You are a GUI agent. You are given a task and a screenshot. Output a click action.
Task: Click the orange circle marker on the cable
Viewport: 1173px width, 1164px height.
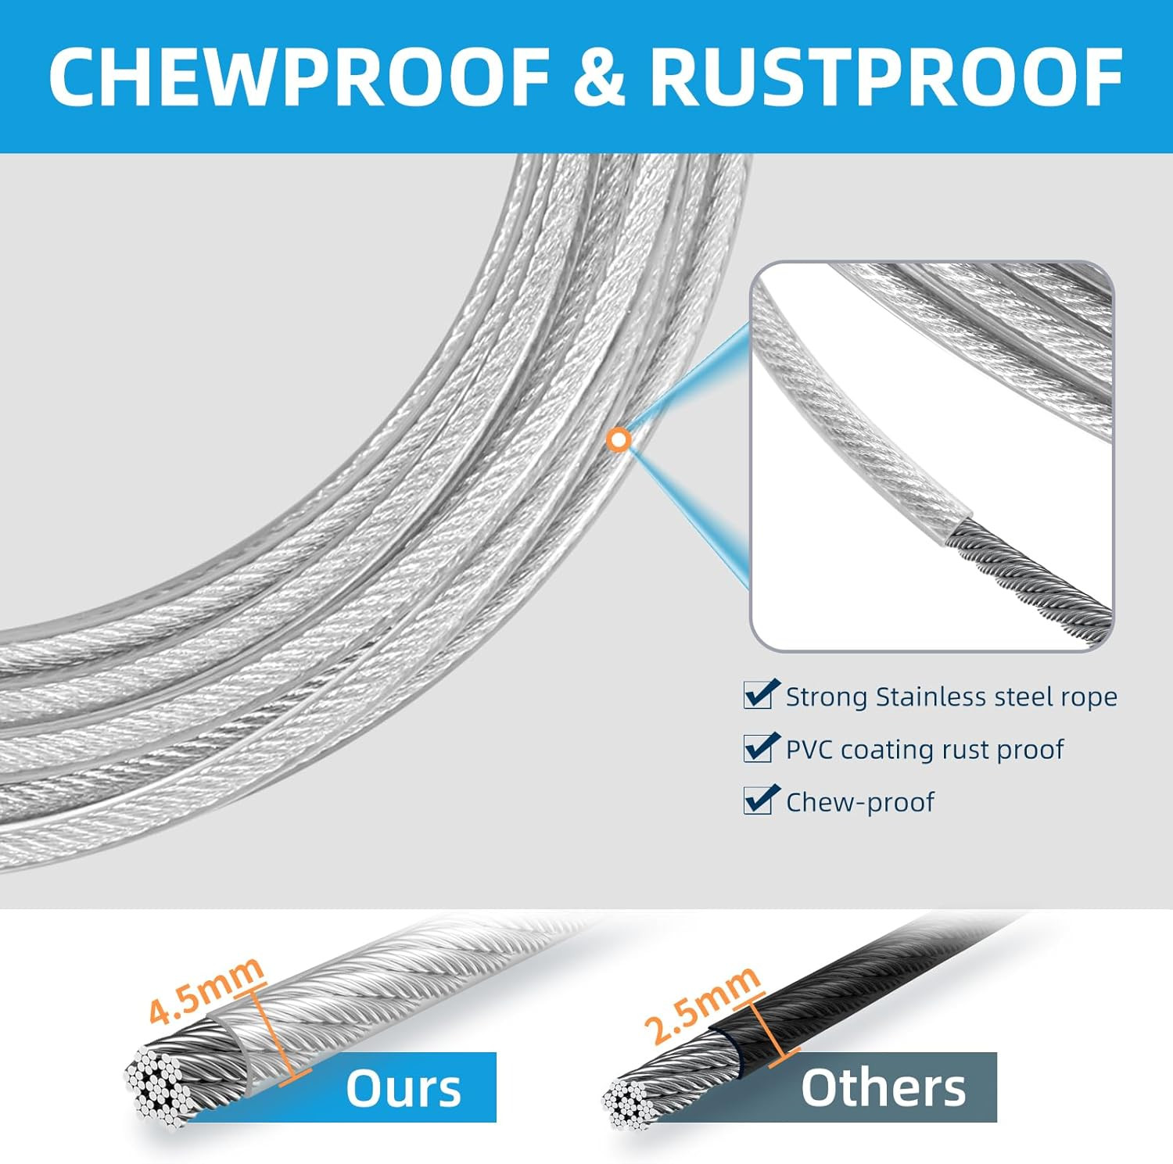tap(619, 439)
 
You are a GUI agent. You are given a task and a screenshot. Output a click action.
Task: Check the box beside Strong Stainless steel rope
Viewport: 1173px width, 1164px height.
tap(758, 695)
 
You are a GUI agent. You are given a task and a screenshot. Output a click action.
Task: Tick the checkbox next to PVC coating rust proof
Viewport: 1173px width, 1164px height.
tap(758, 748)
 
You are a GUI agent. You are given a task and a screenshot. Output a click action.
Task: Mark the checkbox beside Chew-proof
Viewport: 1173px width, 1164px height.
tap(758, 800)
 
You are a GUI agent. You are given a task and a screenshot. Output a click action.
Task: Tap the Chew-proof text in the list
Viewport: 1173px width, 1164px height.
tap(859, 802)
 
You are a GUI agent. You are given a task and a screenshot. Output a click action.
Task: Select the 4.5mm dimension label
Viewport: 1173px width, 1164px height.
tap(206, 990)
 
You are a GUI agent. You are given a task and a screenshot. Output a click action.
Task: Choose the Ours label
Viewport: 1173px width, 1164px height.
tap(404, 1087)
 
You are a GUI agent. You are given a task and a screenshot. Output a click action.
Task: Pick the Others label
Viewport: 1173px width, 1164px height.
tap(883, 1087)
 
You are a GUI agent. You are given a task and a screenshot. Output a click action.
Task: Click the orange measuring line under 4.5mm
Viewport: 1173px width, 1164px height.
tap(274, 1036)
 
